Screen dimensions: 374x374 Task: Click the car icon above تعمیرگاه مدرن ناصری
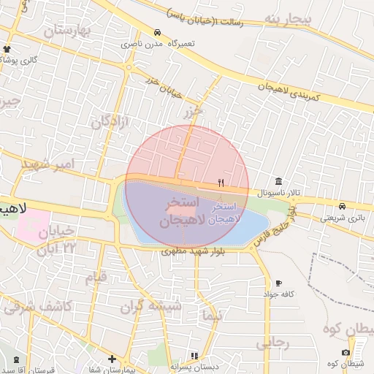[x=158, y=33]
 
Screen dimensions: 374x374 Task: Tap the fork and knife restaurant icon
[x=221, y=183]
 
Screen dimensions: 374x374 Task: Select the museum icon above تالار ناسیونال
[x=278, y=181]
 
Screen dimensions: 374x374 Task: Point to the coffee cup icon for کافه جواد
[x=278, y=283]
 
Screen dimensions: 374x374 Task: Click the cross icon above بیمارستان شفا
[x=111, y=359]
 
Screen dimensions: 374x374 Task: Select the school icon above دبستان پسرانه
[x=194, y=356]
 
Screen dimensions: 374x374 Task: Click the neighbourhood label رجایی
[x=273, y=342]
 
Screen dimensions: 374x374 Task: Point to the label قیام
[x=96, y=278]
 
